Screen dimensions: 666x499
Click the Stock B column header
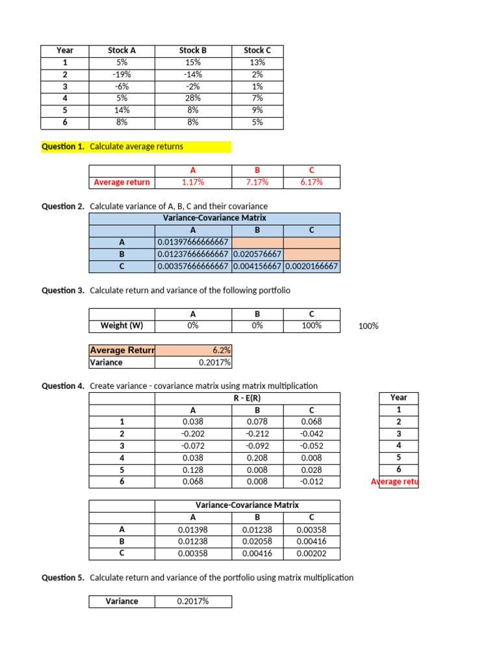click(192, 50)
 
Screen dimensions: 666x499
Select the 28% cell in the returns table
click(192, 98)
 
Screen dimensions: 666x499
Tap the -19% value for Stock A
click(122, 74)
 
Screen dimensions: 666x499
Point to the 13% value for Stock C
click(257, 62)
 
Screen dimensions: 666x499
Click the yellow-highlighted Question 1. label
click(63, 146)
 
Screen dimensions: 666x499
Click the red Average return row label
click(122, 182)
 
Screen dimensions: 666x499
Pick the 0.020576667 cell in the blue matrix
click(257, 254)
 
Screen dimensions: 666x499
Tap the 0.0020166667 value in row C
click(311, 267)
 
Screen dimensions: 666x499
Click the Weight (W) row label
click(122, 325)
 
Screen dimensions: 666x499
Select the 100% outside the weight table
click(368, 326)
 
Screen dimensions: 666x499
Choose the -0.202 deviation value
click(192, 433)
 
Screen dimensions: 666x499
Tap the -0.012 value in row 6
click(311, 482)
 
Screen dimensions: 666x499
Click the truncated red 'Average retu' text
click(395, 482)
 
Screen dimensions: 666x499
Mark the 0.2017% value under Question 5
click(192, 602)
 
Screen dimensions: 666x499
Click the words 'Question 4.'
click(63, 386)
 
